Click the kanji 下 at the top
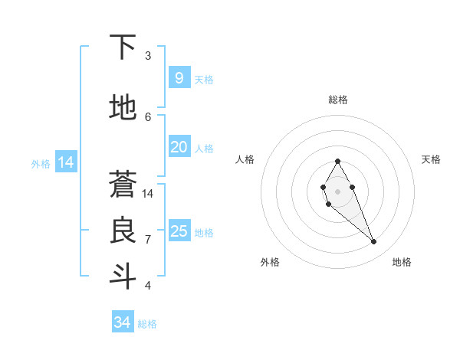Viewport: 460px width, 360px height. point(123,47)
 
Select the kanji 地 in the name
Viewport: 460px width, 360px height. point(123,107)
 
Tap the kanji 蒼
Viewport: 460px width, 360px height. point(123,184)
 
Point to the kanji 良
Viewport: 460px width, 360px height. point(123,231)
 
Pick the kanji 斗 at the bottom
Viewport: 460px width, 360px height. point(123,276)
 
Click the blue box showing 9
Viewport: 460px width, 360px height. point(179,77)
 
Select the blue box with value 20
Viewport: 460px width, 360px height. point(179,146)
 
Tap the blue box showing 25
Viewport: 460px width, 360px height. point(179,231)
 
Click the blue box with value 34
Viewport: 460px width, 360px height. point(122,322)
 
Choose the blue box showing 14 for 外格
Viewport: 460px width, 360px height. point(65,162)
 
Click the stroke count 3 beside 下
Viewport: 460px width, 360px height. point(148,56)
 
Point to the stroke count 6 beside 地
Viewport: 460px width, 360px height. point(148,116)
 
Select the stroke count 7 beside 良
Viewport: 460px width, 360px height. point(148,240)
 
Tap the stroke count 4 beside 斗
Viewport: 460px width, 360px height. point(148,286)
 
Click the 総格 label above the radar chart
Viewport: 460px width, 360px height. point(337,100)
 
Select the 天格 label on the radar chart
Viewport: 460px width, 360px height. point(431,159)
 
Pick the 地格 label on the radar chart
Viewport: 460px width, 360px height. point(402,262)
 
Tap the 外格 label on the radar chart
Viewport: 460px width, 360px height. point(270,262)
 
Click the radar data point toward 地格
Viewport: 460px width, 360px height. point(373,242)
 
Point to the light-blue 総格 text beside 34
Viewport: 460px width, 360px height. point(147,324)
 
